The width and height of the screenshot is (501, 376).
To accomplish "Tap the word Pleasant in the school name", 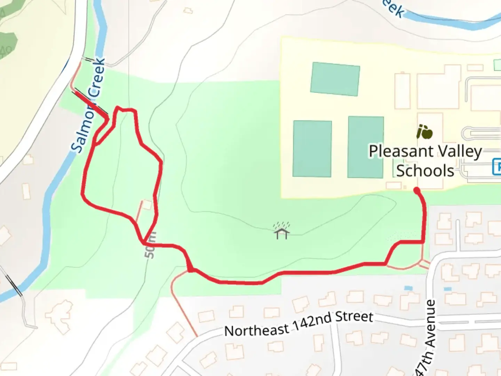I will pos(395,152).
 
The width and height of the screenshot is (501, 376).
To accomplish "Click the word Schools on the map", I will pos(425,171).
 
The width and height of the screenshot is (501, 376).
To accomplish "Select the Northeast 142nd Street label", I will pos(299,324).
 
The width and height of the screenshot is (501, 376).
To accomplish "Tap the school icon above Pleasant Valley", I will pos(424,132).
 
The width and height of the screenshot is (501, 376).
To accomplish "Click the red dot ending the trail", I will pos(416,190).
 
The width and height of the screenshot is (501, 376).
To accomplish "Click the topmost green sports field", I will pos(335,79).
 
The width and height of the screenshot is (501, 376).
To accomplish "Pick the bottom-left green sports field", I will pos(312,149).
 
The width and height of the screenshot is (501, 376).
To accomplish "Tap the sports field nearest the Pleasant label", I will pos(365,147).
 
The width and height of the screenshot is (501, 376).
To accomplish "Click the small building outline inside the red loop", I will pos(147,205).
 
